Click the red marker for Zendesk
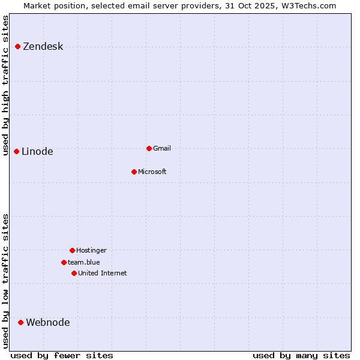tap(18, 46)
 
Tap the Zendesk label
tap(43, 47)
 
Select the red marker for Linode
tap(17, 151)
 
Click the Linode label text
tap(37, 152)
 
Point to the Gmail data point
tap(149, 148)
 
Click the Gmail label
tap(162, 149)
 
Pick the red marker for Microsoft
tap(134, 172)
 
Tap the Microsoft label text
tap(152, 172)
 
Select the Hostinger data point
tap(72, 250)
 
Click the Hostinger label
tap(91, 251)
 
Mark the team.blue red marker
tap(64, 262)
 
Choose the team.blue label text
tap(84, 262)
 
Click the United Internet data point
tap(74, 273)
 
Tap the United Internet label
tap(103, 274)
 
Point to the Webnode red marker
tap(21, 322)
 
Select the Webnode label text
tap(48, 323)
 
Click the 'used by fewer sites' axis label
tap(62, 355)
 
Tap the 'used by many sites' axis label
tap(301, 355)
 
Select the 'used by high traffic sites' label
tap(5, 85)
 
